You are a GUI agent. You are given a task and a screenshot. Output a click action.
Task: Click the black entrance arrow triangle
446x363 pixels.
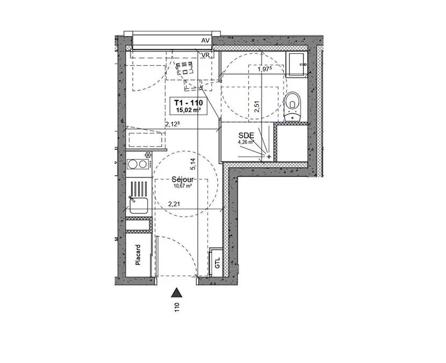[177, 293]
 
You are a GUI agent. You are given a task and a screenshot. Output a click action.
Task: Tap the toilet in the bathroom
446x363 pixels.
[293, 106]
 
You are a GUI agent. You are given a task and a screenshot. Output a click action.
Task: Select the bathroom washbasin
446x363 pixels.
[297, 65]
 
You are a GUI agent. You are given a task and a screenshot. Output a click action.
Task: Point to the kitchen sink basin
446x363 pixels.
[139, 205]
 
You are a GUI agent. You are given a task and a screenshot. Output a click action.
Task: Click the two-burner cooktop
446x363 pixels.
[137, 164]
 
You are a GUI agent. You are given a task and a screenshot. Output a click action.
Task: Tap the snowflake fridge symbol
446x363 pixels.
[148, 155]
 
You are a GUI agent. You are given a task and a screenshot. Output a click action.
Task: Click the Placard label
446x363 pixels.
[138, 255]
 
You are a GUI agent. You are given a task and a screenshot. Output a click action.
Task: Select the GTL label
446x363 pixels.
[218, 263]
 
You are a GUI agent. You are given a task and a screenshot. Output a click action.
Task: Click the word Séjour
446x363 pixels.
[183, 180]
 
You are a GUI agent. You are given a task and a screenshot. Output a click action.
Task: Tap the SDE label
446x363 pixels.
[246, 136]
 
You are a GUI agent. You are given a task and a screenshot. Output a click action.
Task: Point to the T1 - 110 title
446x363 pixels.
[188, 103]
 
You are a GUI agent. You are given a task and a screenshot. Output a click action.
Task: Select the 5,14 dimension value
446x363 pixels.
[193, 164]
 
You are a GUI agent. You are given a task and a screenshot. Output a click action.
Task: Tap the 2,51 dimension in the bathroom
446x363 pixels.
[257, 106]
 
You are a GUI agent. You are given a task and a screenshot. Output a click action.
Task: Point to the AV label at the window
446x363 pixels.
[205, 41]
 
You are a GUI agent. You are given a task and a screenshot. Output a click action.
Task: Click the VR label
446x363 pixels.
[205, 55]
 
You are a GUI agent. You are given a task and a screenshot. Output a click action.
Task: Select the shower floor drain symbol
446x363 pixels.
[269, 156]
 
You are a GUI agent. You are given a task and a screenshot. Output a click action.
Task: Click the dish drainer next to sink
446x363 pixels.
[139, 189]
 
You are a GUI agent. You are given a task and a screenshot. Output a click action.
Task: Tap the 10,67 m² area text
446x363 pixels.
[182, 186]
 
